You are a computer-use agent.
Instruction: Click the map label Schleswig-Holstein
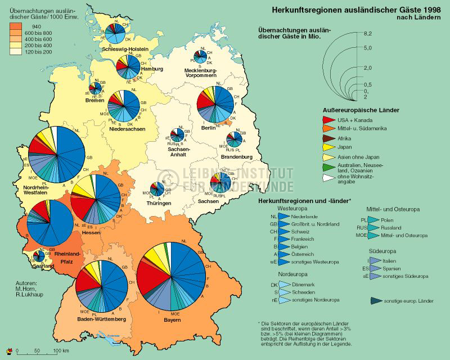(125, 49)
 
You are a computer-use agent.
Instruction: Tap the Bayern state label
(173, 320)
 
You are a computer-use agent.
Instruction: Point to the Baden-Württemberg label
(102, 319)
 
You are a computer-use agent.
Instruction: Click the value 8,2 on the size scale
(368, 35)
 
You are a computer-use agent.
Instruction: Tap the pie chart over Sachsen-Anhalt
(177, 134)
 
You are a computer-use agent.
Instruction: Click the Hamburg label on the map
(151, 69)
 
